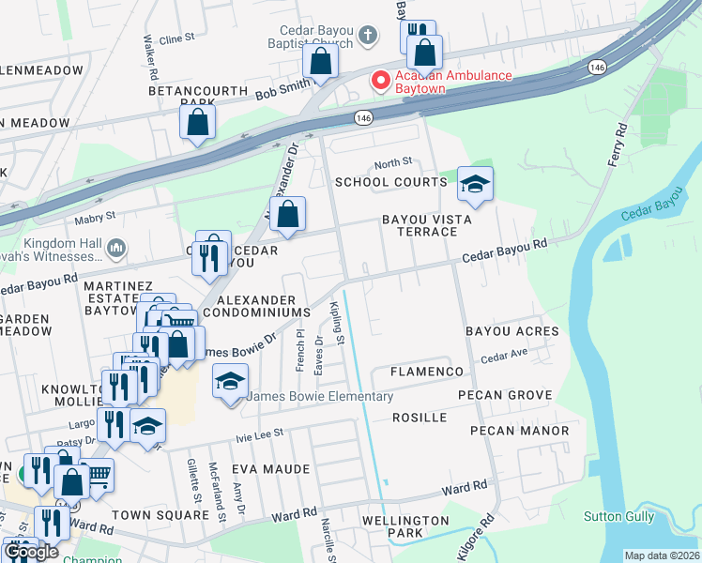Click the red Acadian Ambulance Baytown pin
coord(381,81)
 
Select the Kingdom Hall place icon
coord(116,248)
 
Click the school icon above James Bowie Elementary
coord(230,382)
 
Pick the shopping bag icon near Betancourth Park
coord(198,122)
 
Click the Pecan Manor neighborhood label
coord(520,431)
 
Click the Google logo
coord(31,552)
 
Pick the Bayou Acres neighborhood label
coord(511,331)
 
